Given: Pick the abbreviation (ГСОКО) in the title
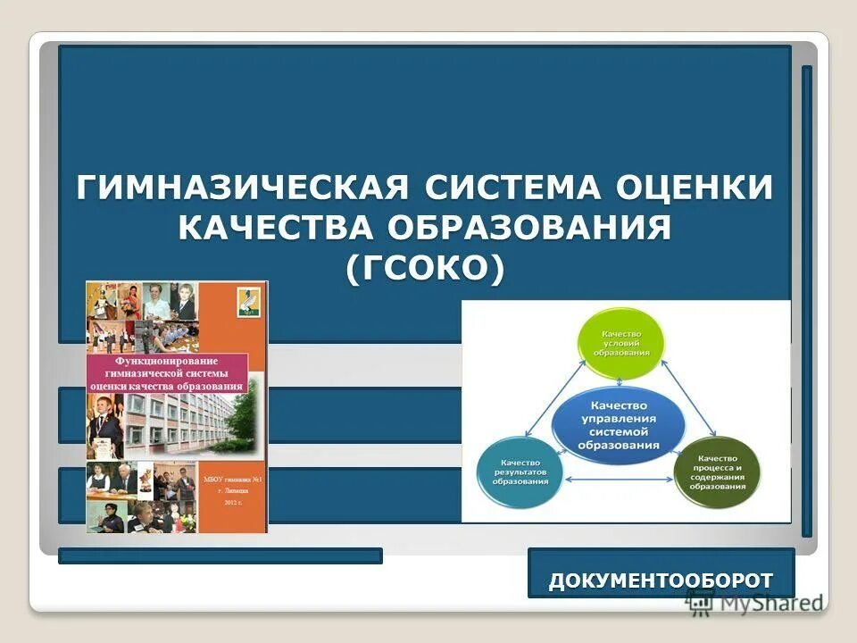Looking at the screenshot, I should pyautogui.click(x=424, y=268).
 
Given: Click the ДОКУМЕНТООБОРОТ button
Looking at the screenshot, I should pyautogui.click(x=661, y=580).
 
